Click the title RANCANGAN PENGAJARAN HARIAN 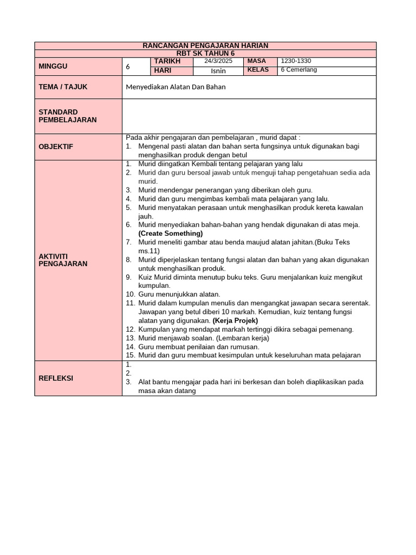[205, 46]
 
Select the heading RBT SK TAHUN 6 [205, 53]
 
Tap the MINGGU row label [53, 66]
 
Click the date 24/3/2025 [218, 61]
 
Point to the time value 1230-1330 [296, 61]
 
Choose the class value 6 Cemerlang [298, 70]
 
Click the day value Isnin [218, 70]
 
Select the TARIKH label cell [167, 61]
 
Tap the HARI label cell [163, 70]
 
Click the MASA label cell [257, 61]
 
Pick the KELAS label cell [258, 70]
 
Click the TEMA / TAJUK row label [63, 87]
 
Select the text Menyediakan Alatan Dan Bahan [175, 87]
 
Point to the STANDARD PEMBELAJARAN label [68, 116]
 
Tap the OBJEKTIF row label [56, 146]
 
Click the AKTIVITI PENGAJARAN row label [63, 260]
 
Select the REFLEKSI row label [56, 378]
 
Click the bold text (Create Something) [171, 234]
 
